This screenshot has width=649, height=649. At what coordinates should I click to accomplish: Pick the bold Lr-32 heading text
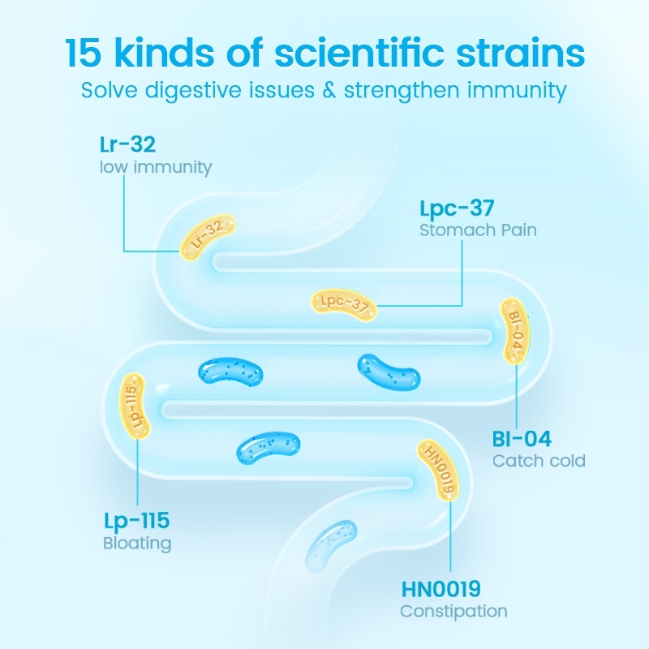point(127,146)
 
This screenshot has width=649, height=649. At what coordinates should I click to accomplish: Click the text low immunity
point(155,168)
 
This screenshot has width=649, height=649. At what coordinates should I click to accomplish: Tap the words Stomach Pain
point(478,230)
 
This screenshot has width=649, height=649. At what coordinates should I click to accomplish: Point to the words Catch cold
point(539,461)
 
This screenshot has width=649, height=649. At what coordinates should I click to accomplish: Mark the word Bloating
point(136,543)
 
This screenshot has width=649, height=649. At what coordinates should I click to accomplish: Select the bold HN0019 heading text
point(441,588)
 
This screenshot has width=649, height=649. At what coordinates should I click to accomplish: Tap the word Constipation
point(453,611)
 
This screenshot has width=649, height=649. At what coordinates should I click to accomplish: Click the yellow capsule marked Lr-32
point(208,236)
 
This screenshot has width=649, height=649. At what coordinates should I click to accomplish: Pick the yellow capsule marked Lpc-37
point(345,303)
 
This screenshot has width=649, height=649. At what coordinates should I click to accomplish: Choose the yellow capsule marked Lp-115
point(135,406)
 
